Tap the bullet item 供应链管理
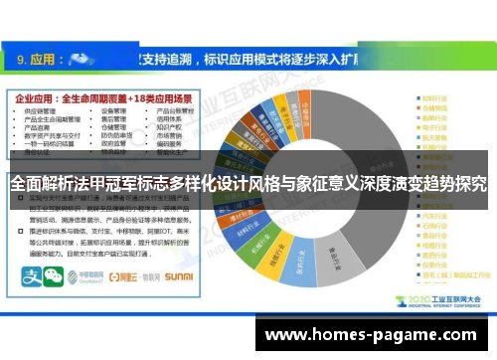(40, 113)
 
